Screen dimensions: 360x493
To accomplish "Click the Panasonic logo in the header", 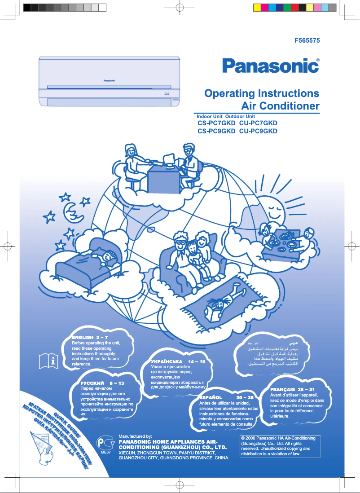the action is click(x=270, y=66).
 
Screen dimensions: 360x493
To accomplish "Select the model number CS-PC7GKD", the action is click(x=216, y=123).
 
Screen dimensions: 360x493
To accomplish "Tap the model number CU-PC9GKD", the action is click(x=259, y=131).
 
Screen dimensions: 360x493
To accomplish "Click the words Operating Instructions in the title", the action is click(x=262, y=93).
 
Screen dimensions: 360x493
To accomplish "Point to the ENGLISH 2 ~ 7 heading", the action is click(x=90, y=337).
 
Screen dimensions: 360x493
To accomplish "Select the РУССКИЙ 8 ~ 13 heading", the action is click(x=102, y=383).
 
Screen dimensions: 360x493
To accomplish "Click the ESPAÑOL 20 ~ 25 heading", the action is click(x=227, y=398).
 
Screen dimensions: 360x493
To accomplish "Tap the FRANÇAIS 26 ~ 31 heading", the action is click(x=292, y=389).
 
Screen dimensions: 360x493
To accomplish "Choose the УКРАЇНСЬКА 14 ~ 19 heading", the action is click(x=178, y=361).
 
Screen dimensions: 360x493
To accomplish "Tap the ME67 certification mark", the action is click(x=106, y=446).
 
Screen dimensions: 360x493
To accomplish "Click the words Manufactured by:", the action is click(x=135, y=436).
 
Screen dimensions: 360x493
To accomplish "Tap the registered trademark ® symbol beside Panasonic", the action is click(x=318, y=60).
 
